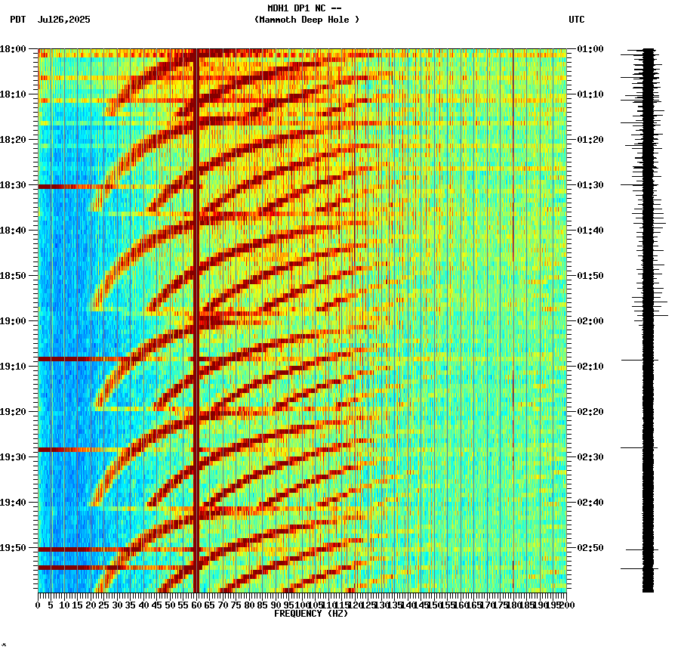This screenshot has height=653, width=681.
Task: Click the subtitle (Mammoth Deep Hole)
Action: click(307, 20)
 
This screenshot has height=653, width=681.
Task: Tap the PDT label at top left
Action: click(17, 20)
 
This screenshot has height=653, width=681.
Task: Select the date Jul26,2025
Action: click(63, 20)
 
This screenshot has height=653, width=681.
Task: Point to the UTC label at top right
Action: click(576, 20)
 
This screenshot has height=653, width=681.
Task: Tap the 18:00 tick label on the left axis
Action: click(13, 49)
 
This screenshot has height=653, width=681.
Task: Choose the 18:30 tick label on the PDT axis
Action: click(13, 185)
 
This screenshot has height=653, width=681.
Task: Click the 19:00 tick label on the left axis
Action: click(13, 321)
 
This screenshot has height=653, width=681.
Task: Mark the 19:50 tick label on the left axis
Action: click(13, 548)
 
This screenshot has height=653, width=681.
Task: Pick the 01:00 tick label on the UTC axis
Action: click(590, 49)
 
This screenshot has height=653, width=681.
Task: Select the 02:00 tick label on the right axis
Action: click(590, 321)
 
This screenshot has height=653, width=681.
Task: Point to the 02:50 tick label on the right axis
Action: click(590, 548)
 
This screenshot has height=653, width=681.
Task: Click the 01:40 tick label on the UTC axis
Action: click(590, 231)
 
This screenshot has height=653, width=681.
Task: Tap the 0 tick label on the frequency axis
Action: click(39, 605)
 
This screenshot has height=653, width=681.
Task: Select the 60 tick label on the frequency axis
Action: click(196, 605)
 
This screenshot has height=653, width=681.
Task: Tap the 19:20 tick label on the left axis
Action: click(13, 412)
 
